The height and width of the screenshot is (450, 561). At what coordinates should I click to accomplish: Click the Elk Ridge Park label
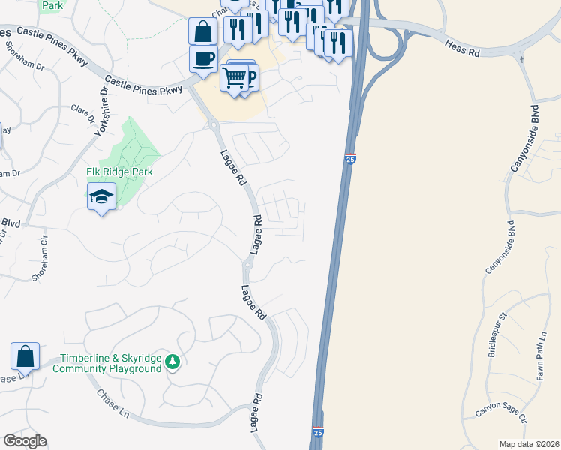point(119,172)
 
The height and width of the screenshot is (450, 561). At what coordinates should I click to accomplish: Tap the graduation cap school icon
point(101,198)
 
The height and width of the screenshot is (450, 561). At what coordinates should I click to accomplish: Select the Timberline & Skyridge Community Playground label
point(111,363)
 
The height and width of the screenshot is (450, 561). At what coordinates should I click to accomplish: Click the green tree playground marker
point(173,363)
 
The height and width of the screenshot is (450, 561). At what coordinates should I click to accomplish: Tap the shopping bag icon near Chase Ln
point(25,356)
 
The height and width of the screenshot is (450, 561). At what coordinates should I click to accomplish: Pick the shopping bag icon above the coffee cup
point(202,32)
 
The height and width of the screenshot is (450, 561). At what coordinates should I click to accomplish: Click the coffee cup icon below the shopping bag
point(202,59)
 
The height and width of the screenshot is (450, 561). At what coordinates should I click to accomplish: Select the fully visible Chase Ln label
point(112,404)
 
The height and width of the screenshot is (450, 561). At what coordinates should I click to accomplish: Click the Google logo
point(25,441)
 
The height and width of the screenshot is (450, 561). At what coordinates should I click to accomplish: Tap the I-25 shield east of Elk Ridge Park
point(350,158)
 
